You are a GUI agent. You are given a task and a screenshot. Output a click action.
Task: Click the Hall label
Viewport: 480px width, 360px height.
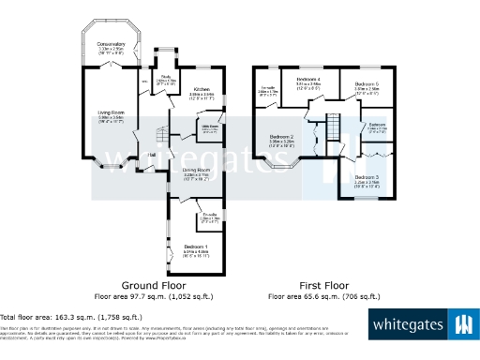click(152, 156)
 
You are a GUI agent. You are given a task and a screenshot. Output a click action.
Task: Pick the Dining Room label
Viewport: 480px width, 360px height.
click(194, 170)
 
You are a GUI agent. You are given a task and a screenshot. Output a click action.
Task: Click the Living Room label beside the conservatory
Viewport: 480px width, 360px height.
click(112, 114)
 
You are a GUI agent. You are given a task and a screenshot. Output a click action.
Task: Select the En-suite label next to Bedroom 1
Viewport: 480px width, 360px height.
click(211, 216)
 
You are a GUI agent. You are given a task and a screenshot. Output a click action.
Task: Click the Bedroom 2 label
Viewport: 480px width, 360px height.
click(281, 137)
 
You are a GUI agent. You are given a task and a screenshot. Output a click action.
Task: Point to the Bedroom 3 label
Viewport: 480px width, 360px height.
click(367, 176)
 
